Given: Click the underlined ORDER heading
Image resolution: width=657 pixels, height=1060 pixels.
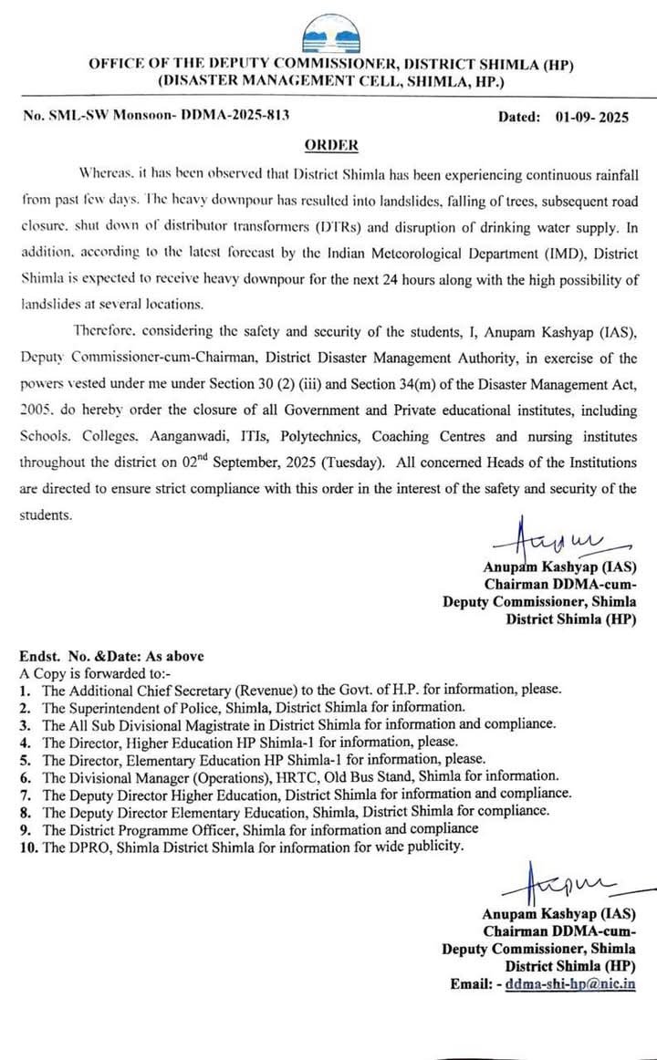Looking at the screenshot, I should click(x=330, y=145).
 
